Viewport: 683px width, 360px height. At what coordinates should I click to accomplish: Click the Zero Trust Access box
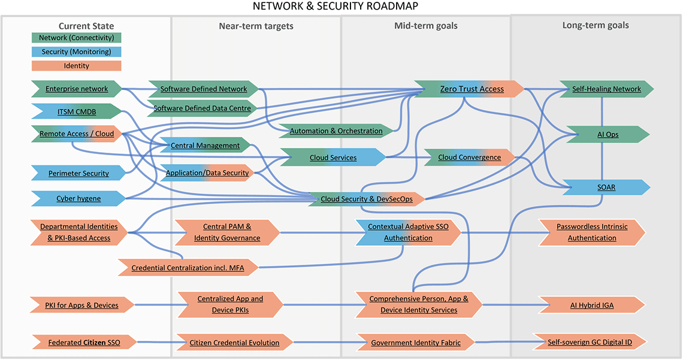472,89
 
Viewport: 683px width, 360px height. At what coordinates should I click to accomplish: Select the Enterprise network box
77,89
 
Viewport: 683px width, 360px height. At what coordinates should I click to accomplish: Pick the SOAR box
606,187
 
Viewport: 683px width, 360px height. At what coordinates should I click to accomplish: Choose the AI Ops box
608,134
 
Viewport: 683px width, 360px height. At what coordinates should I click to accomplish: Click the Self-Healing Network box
606,89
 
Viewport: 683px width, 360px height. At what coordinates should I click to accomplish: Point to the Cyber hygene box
78,198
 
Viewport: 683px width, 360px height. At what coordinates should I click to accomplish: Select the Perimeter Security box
78,174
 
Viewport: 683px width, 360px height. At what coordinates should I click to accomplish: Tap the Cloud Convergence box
470,158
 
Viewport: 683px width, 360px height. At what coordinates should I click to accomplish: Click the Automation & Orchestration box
336,131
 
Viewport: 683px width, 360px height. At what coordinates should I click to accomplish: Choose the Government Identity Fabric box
416,343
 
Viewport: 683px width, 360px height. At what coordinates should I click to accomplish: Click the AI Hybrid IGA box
591,305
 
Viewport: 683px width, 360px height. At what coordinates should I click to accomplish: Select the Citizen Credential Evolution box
234,343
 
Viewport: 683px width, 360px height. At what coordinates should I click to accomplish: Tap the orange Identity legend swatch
76,66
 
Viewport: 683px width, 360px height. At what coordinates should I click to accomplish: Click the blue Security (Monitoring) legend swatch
76,52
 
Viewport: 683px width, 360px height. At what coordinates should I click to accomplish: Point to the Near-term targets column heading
256,26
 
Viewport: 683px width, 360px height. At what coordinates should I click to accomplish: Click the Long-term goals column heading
595,25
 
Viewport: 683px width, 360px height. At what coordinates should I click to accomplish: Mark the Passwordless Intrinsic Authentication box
591,232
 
